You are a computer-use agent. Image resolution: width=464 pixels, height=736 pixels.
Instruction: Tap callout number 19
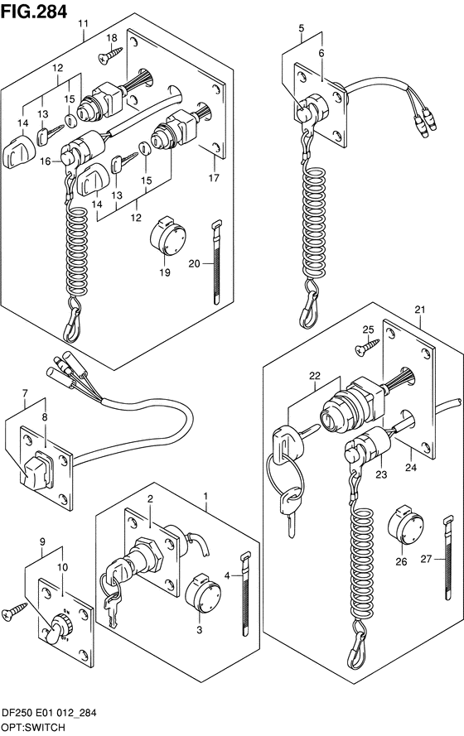coord(165,272)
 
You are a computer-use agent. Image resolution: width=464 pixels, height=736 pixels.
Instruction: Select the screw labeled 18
coord(107,57)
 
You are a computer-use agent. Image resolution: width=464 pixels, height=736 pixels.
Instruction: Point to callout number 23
coord(382,475)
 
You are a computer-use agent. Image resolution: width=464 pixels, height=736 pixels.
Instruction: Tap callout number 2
coord(151,499)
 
